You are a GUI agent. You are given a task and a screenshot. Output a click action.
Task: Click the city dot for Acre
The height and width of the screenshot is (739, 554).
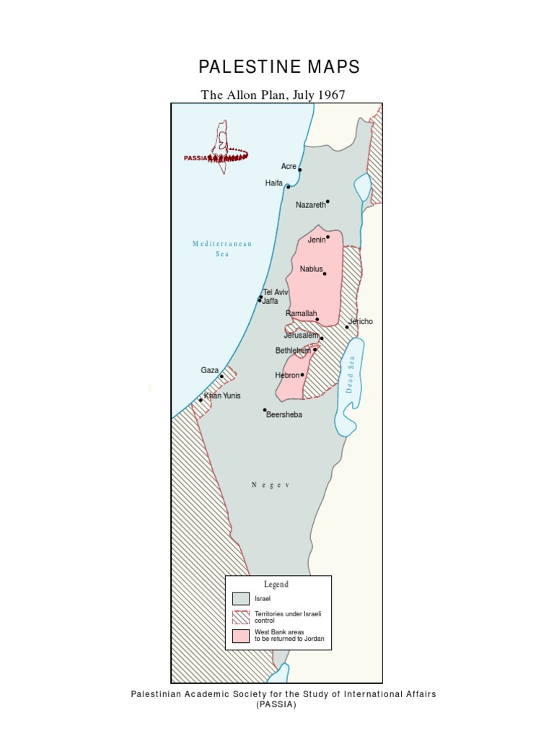[x=299, y=170]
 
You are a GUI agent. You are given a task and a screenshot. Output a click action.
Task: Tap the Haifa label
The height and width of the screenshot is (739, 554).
[x=274, y=183]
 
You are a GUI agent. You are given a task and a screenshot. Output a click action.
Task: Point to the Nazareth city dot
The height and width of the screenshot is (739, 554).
[x=327, y=201]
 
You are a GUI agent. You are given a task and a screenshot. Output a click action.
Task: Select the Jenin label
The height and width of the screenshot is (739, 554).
[x=317, y=240]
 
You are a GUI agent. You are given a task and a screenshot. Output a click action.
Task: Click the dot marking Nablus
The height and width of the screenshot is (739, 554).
[x=325, y=274]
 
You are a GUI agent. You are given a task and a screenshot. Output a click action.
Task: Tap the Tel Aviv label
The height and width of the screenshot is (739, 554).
[x=276, y=292]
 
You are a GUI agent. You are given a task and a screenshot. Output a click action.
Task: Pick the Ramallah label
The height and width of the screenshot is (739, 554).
[x=301, y=314]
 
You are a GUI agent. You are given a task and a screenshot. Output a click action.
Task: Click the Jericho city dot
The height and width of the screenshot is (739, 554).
[x=346, y=327]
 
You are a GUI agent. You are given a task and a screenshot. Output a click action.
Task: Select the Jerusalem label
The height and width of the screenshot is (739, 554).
[x=301, y=336]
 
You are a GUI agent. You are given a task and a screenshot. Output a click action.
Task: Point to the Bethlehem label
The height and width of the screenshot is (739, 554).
[x=293, y=351]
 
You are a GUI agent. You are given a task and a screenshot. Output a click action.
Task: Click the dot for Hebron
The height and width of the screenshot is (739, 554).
[x=302, y=375]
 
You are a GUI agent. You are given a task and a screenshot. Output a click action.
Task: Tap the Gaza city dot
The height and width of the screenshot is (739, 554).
[x=221, y=376]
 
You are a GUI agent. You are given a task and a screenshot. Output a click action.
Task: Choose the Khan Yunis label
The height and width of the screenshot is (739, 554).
[x=222, y=395]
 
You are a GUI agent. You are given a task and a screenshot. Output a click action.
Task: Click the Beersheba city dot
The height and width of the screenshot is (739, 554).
[x=265, y=410]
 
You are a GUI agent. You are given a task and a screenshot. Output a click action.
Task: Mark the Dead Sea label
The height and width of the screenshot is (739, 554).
[x=352, y=377]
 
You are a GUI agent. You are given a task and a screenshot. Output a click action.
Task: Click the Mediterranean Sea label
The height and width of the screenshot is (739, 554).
[x=222, y=249]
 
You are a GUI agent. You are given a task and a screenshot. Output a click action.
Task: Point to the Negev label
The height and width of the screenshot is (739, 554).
[x=271, y=485]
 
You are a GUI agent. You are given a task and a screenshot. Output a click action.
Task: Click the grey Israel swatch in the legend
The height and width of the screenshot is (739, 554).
[x=241, y=598]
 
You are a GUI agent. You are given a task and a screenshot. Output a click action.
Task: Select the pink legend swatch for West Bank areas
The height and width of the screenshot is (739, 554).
[x=241, y=636]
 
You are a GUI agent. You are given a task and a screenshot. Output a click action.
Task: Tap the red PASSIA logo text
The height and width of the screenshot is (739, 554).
[x=195, y=157]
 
